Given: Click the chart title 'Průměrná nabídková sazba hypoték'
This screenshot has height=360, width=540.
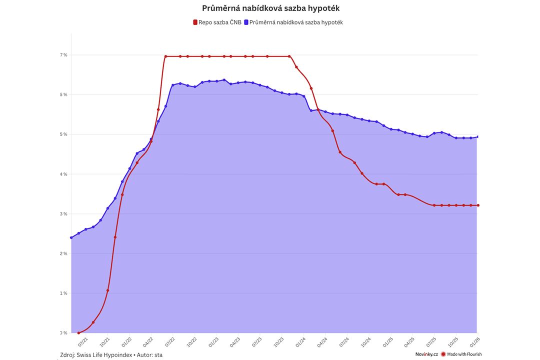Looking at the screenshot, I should pos(270,8).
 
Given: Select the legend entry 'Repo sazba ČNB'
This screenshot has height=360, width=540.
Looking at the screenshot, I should pos(217,22).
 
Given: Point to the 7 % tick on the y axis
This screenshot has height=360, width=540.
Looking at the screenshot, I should pos(64,55).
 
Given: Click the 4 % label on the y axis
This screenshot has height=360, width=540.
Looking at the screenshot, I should pos(64,174).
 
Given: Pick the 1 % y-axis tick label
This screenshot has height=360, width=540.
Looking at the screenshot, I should pos(64,293).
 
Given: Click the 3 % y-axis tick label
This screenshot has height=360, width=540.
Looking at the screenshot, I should pos(64,214).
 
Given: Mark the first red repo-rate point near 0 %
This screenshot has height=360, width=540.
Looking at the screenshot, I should pos(78,332).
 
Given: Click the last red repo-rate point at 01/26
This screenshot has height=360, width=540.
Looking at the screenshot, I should pos(478,205).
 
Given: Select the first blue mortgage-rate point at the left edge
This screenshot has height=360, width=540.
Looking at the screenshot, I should pos(71,237).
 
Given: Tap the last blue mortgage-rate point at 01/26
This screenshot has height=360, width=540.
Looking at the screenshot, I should pos(478,136).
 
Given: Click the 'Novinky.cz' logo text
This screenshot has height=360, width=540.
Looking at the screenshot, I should pos(426,354).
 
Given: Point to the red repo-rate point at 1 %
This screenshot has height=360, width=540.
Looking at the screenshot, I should pos(107,290).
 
